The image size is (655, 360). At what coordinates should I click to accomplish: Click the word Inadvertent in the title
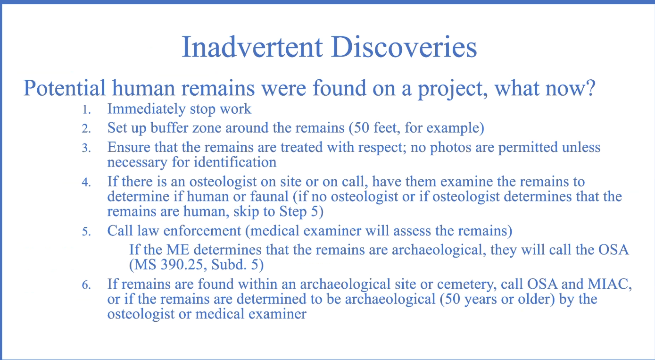tap(252, 47)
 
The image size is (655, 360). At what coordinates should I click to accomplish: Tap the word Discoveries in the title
tap(404, 47)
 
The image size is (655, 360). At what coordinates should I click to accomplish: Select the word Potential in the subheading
tap(64, 88)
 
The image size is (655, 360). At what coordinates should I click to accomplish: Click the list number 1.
tap(86, 110)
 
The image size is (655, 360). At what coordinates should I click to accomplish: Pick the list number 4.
tap(86, 182)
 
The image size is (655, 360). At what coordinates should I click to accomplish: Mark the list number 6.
tap(86, 285)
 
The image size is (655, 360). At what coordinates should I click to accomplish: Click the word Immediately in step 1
tap(147, 109)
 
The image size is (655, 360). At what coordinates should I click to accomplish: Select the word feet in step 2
tap(386, 128)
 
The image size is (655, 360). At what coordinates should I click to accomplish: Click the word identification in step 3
tap(235, 162)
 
